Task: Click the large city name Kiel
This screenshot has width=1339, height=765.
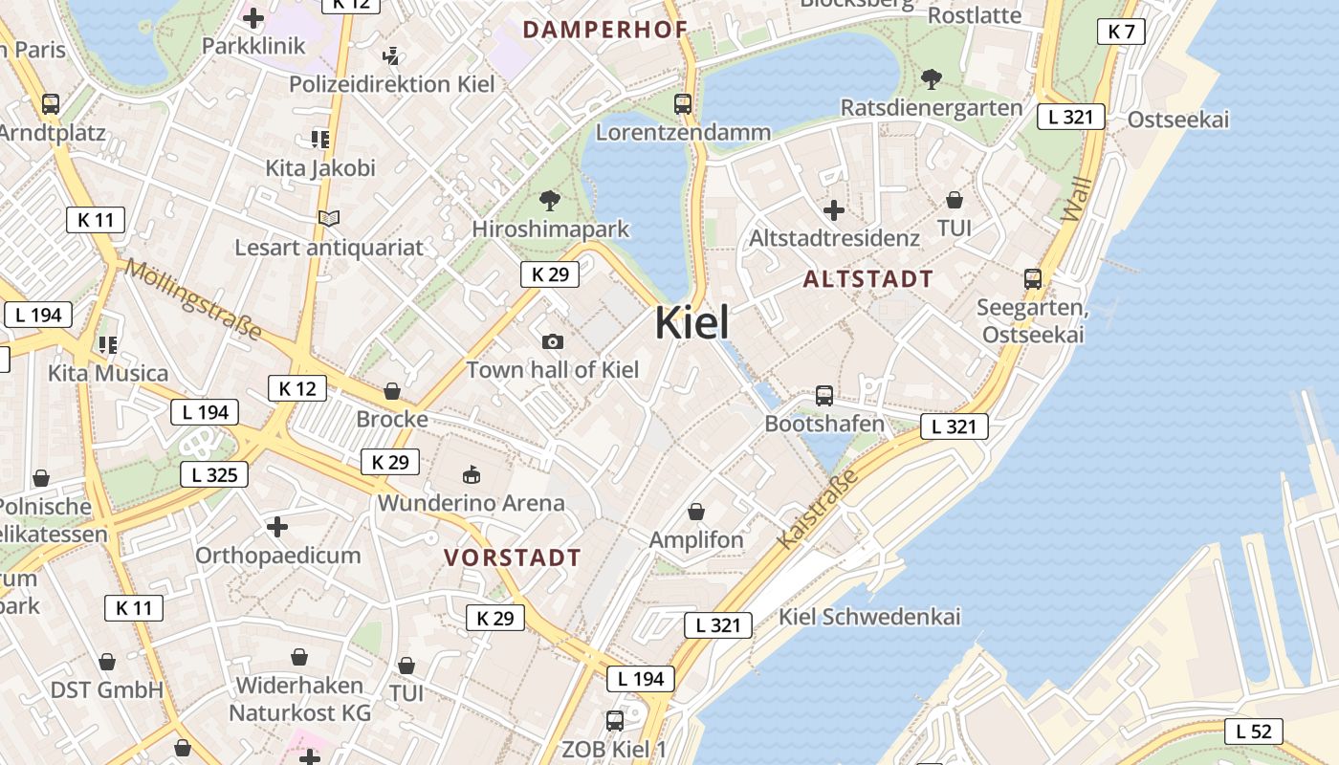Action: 691,323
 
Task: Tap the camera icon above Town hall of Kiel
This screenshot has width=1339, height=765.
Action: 552,341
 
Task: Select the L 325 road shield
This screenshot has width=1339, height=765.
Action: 214,474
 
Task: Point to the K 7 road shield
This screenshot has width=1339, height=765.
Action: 1121,32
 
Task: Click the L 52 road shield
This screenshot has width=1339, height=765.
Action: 1253,732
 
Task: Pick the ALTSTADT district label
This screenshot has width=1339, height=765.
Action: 868,279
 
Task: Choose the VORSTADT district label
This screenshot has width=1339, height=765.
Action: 513,557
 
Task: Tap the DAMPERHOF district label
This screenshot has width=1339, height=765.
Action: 605,29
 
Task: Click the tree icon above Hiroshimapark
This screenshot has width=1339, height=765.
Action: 550,200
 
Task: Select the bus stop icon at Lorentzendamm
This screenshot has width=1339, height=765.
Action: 683,104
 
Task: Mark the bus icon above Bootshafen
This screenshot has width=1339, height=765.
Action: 824,395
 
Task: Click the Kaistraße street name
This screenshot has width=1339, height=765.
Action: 806,515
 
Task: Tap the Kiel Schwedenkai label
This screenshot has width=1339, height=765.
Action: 869,616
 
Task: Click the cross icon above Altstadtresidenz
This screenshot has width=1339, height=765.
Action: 834,209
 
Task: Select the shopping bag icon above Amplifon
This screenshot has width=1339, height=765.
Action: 696,512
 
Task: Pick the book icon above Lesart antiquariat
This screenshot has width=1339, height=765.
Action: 329,219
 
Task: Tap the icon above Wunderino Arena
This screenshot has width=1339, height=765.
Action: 472,474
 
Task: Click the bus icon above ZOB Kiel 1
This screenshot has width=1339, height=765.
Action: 615,720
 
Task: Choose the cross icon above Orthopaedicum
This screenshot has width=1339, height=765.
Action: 277,527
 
